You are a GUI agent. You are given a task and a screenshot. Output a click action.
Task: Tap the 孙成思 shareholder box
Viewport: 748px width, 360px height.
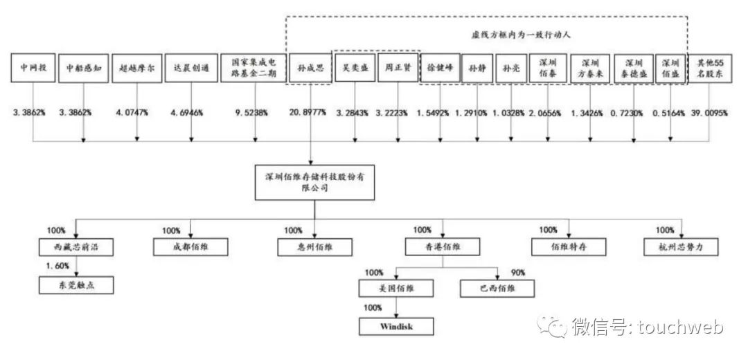click(309, 69)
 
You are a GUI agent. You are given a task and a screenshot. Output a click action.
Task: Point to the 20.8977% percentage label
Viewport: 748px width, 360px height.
click(310, 112)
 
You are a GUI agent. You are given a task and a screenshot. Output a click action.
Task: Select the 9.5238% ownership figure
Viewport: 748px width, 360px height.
click(251, 112)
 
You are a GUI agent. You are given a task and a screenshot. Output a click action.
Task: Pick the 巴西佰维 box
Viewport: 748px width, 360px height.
click(497, 288)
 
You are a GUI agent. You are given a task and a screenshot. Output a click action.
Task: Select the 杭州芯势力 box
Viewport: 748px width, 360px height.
click(682, 246)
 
